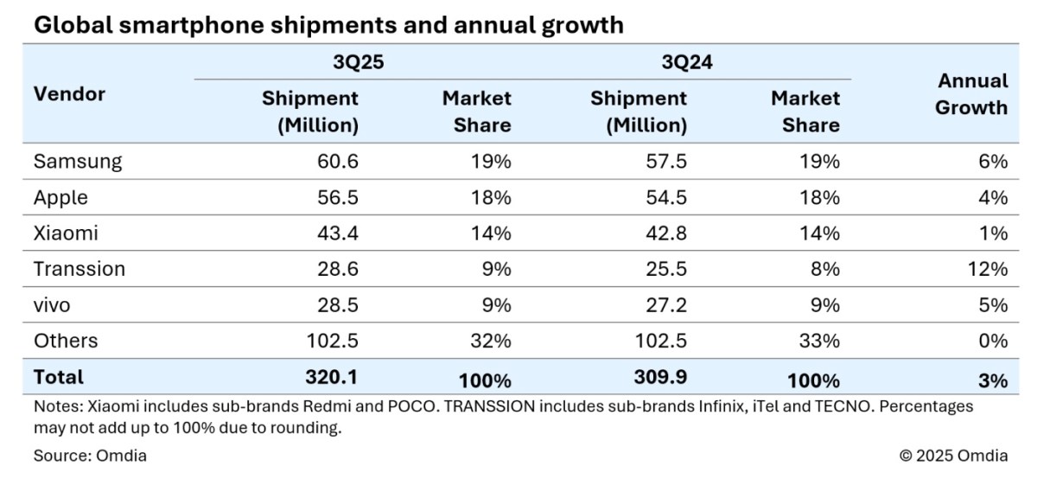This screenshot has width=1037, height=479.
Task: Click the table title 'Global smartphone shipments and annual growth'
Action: pos(328,25)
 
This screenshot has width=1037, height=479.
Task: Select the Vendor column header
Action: pos(69,94)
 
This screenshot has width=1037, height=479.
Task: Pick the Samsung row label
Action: pos(77,162)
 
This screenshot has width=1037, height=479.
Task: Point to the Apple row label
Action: pos(60,197)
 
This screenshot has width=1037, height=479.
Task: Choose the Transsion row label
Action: pos(79,269)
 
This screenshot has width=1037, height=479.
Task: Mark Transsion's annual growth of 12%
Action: pos(989,269)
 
